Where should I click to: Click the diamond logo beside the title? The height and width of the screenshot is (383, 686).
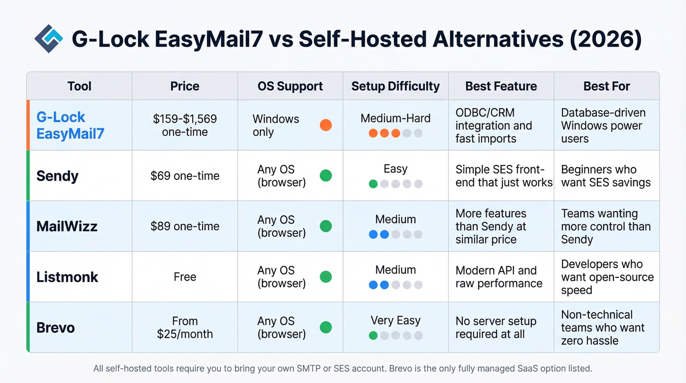(x=49, y=39)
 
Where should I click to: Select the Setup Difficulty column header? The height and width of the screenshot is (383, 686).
(x=395, y=86)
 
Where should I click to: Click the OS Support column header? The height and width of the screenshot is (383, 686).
(x=290, y=86)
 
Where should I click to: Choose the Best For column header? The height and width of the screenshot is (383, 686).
(x=607, y=86)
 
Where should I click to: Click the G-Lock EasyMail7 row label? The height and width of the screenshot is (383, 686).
(x=70, y=125)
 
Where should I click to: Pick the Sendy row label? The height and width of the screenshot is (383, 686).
(x=57, y=176)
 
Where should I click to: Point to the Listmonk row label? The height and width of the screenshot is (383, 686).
(x=67, y=277)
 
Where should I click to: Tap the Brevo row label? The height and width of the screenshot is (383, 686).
(x=55, y=328)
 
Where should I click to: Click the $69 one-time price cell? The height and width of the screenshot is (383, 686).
(x=185, y=176)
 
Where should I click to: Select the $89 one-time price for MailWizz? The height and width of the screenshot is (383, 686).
(x=185, y=227)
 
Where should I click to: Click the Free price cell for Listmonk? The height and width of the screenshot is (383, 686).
(x=185, y=277)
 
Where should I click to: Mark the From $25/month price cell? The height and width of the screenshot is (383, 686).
(x=185, y=328)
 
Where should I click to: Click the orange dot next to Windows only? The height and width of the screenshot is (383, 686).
(x=325, y=125)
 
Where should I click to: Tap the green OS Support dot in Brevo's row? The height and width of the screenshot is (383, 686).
(x=325, y=328)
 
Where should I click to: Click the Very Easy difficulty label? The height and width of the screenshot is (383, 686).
(x=395, y=321)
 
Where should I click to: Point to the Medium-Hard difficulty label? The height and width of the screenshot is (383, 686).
(x=395, y=118)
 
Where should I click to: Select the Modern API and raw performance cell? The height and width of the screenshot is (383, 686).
(x=499, y=277)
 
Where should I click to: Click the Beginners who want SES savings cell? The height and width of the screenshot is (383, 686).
(x=606, y=176)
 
